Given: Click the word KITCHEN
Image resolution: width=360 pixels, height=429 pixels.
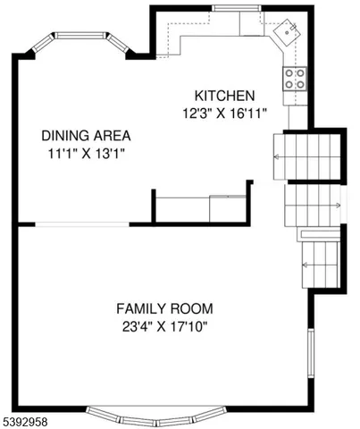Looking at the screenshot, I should coord(225,96).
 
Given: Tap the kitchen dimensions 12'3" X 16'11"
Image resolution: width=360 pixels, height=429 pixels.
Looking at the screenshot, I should coord(225,114).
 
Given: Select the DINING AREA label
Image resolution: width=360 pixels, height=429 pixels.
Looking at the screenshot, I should coord(86,136).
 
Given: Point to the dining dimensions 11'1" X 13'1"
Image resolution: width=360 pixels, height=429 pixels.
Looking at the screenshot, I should coord(86,154).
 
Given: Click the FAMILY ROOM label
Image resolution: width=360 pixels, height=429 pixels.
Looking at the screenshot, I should coord(164,308).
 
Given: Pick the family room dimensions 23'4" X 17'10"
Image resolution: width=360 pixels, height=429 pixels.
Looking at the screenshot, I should coord(164,326).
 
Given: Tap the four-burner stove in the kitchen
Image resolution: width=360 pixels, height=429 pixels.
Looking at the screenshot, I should coord(296,79).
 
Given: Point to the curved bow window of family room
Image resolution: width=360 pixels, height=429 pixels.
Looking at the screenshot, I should coord(155,417).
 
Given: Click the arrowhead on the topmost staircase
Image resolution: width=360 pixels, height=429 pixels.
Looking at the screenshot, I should coord(277,156).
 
